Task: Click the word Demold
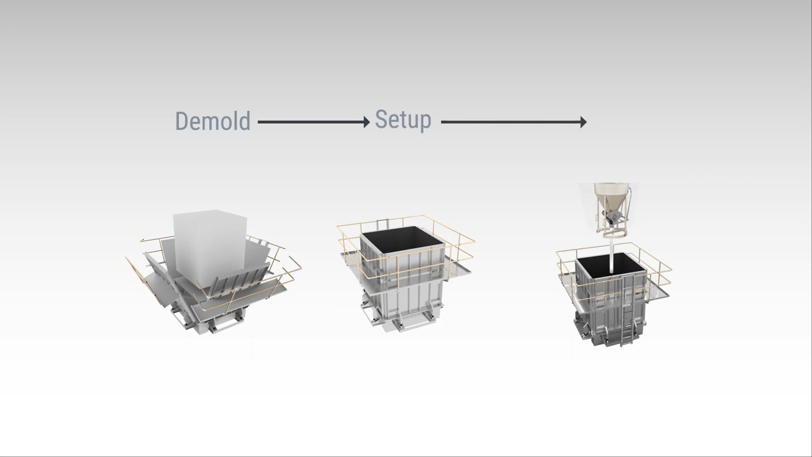213,121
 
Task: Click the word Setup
403,120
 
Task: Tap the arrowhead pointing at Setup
367,122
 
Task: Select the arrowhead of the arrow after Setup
583,122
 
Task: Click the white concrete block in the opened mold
209,247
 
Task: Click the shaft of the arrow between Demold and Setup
311,122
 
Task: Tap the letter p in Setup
425,123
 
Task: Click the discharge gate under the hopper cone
612,217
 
